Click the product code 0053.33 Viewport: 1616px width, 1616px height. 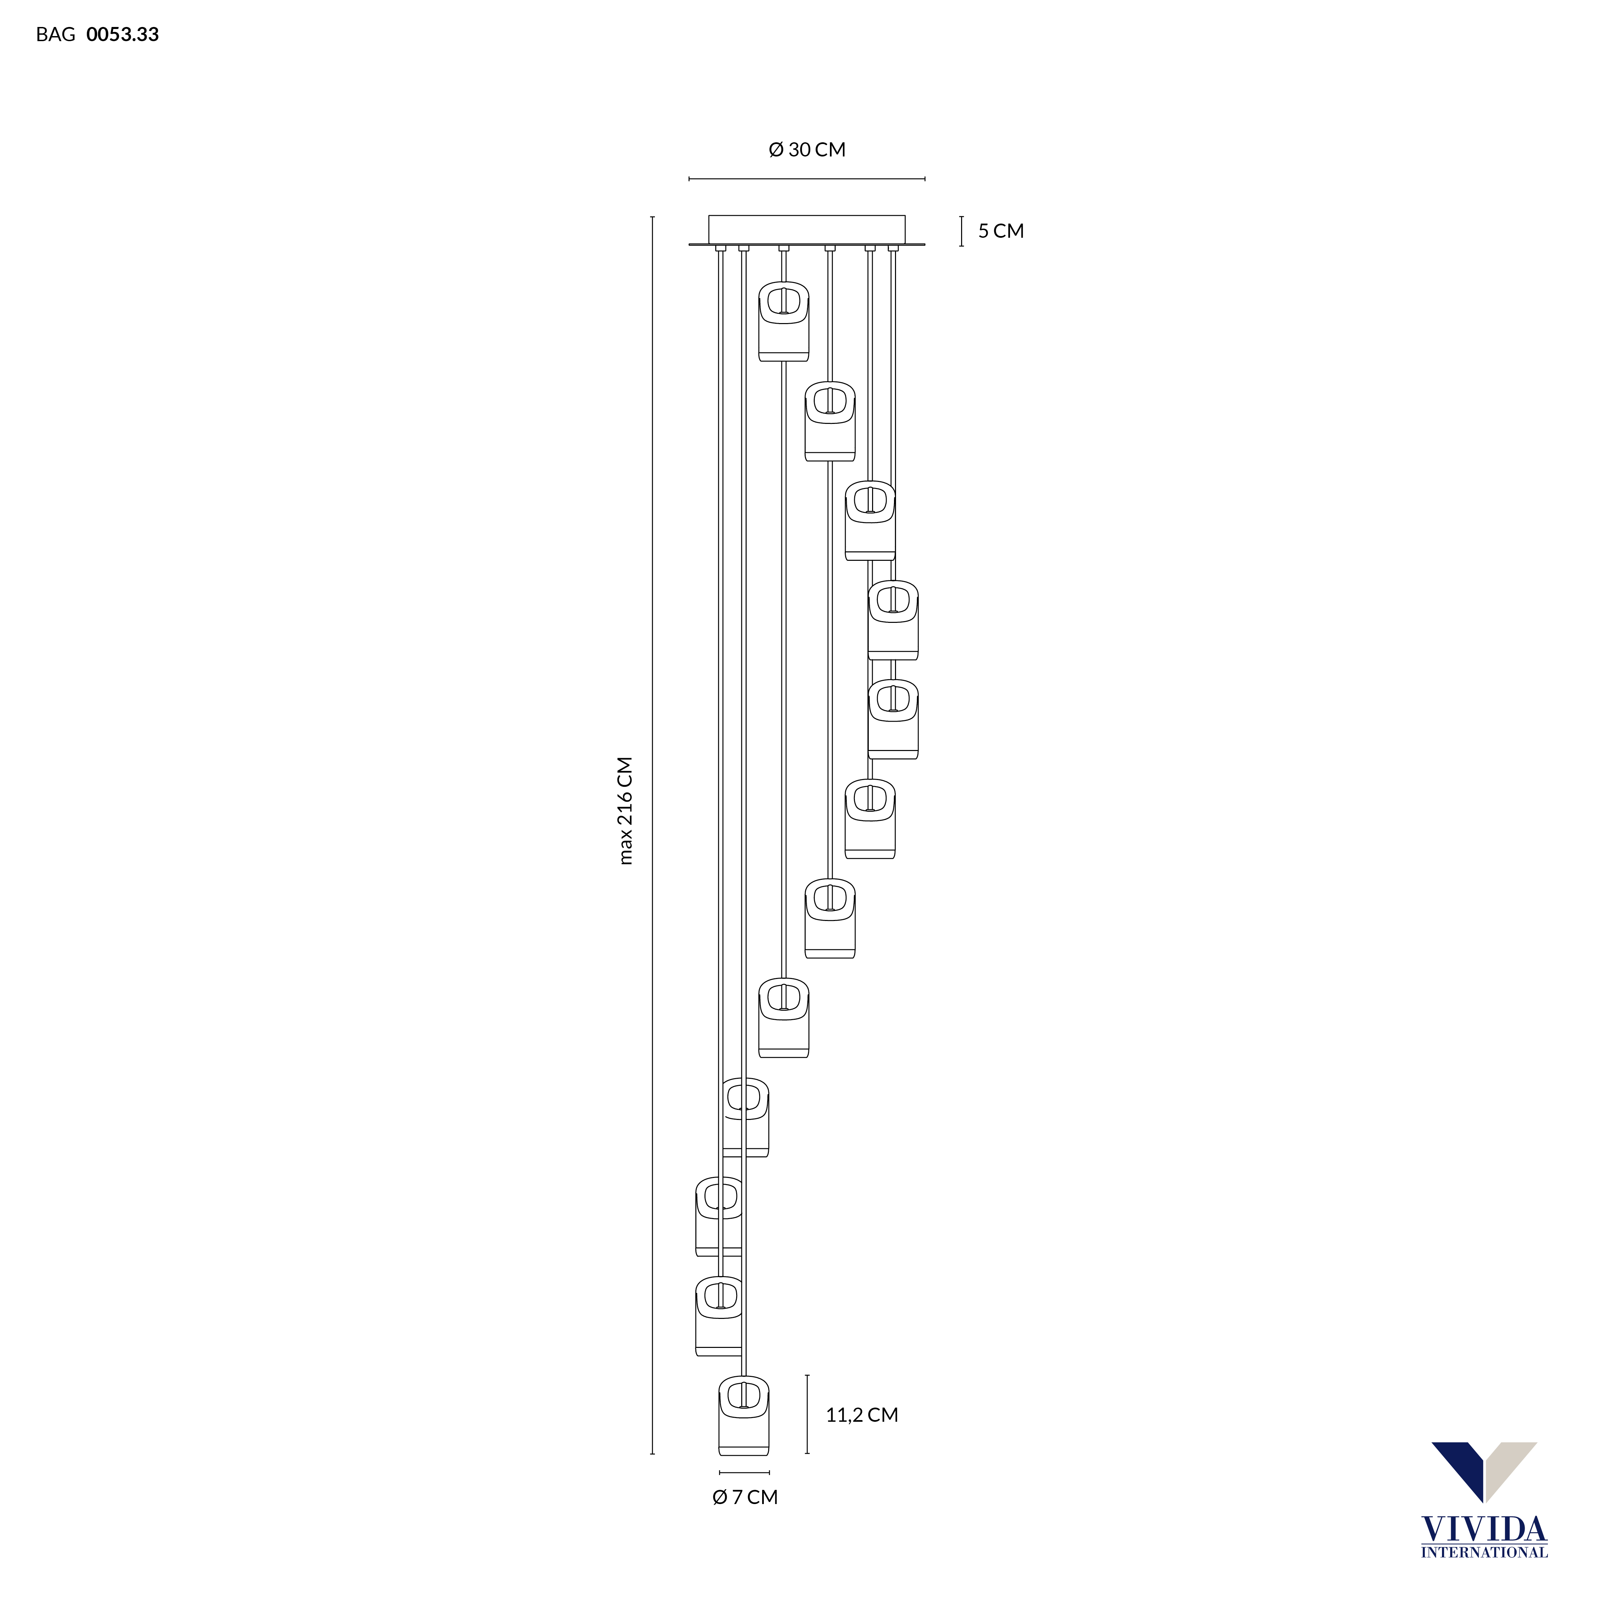pyautogui.click(x=123, y=34)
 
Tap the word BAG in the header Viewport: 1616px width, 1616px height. pyautogui.click(x=55, y=34)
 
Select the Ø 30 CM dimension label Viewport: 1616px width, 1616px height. pyautogui.click(x=807, y=150)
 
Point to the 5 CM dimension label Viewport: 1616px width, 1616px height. pyautogui.click(x=1001, y=231)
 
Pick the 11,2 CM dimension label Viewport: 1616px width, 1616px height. pyautogui.click(x=862, y=1415)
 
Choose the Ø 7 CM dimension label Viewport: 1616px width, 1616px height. pyautogui.click(x=745, y=1497)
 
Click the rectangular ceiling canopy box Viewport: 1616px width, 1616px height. pyautogui.click(x=807, y=229)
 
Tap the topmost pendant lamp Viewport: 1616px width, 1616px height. pyautogui.click(x=784, y=321)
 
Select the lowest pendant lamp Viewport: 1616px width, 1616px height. pyautogui.click(x=744, y=1415)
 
